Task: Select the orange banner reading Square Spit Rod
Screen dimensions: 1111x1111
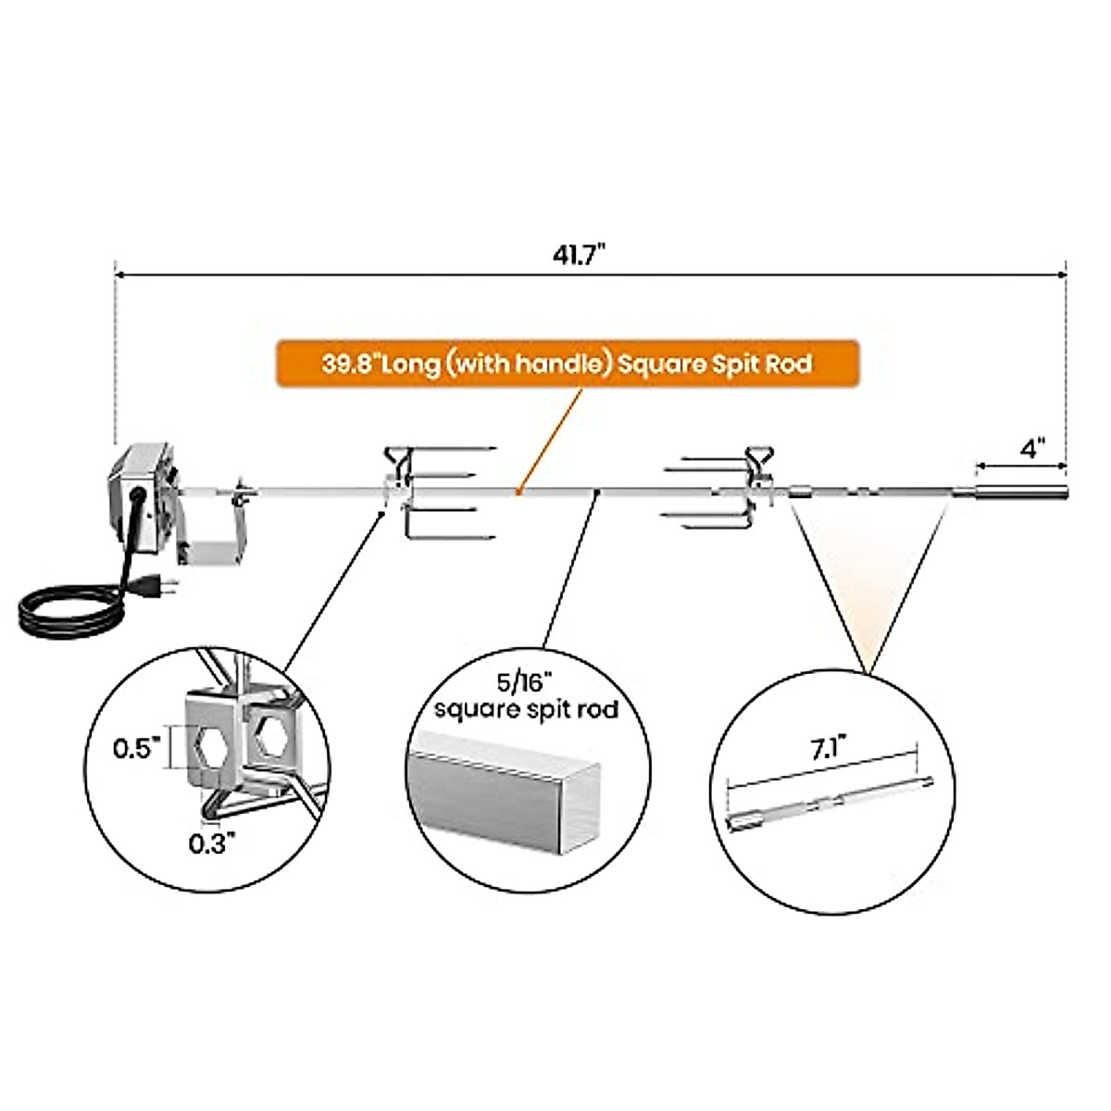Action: (567, 363)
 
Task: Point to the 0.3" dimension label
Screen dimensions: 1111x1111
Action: (212, 843)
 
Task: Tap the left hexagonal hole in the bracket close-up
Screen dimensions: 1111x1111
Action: (211, 748)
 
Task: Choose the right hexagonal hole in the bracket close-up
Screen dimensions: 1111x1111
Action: (273, 734)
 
